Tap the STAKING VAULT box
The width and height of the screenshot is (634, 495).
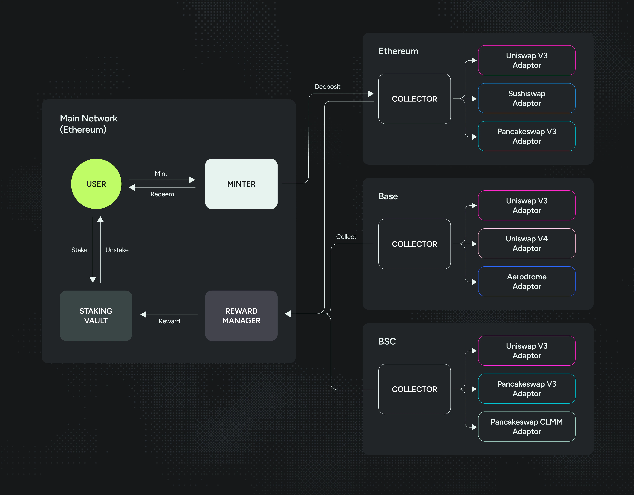pos(96,316)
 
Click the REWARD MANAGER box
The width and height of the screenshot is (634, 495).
pos(241,316)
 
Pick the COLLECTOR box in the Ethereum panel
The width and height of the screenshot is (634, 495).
pos(414,99)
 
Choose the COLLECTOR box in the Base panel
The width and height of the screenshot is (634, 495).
pos(414,244)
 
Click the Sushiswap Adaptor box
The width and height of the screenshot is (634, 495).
pos(527,98)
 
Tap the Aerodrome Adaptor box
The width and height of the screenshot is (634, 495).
pos(527,281)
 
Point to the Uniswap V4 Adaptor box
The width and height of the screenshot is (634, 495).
pos(527,243)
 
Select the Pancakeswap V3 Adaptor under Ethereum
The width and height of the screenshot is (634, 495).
pos(527,136)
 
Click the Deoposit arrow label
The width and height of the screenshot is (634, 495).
pos(327,86)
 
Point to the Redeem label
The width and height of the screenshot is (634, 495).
pos(162,194)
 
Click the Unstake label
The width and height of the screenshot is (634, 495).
pos(117,250)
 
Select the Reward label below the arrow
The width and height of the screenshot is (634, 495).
pos(169,321)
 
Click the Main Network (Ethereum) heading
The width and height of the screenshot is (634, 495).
pos(88,124)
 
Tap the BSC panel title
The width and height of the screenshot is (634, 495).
pos(387,341)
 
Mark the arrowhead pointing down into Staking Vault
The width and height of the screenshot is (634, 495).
pos(93,279)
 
